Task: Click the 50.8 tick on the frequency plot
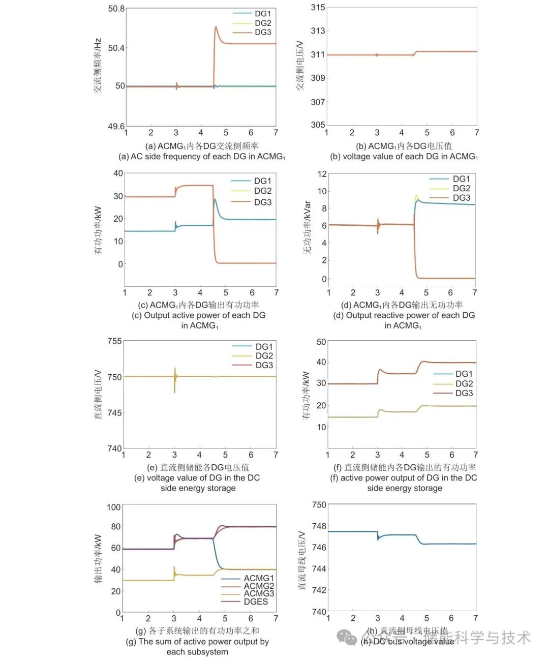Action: (116, 9)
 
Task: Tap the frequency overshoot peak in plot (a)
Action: (216, 27)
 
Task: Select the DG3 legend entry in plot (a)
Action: (263, 33)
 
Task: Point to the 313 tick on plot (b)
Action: (318, 31)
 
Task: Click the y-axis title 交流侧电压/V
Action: (300, 66)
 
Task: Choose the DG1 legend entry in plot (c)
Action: (262, 181)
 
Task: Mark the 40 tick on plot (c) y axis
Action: (118, 173)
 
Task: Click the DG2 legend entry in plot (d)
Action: (461, 189)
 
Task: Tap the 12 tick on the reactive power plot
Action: (322, 174)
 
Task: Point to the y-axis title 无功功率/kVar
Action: (307, 228)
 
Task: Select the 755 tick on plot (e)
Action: (114, 341)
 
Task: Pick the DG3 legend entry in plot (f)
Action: (464, 394)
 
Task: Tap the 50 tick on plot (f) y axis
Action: (321, 342)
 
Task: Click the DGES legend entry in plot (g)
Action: (256, 602)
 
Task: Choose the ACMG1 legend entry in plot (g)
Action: (258, 579)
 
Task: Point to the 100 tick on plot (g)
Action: (114, 507)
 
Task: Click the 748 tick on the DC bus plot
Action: (319, 526)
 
